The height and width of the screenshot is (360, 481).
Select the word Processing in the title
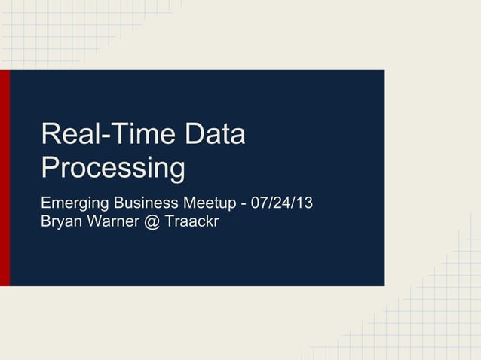pos(113,169)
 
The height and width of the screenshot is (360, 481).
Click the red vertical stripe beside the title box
pos(5,178)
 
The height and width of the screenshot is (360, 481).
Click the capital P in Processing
pos(51,167)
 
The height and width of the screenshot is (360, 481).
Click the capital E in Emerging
pos(46,203)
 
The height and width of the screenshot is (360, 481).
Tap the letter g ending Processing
pos(176,172)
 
